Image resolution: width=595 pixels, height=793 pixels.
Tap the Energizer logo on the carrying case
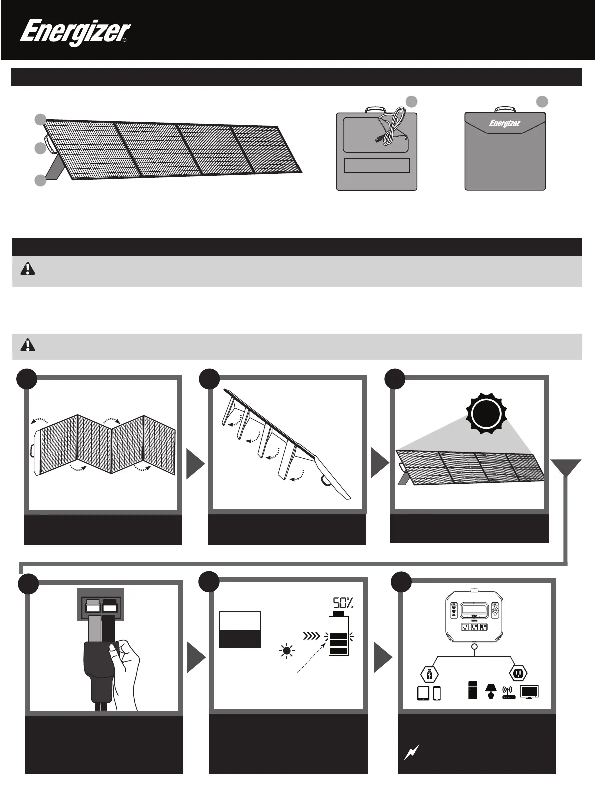(x=504, y=123)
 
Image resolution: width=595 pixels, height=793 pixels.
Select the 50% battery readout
(x=343, y=603)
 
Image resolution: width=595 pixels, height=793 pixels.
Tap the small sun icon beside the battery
(x=287, y=651)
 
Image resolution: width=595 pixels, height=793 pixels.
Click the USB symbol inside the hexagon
(x=429, y=674)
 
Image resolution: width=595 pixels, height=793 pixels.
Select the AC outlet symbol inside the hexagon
(x=518, y=674)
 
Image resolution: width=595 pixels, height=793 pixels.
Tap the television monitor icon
(x=530, y=693)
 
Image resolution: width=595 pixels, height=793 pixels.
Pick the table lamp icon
(x=490, y=691)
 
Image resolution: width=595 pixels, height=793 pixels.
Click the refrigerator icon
(x=473, y=690)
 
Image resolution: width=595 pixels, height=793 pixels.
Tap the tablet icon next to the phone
(x=423, y=693)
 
